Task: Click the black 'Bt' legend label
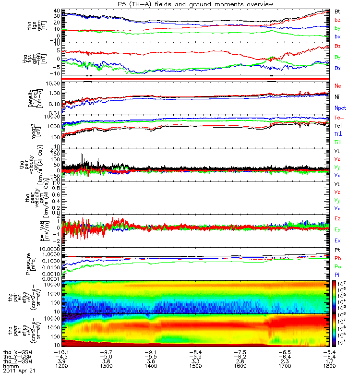point(337,11)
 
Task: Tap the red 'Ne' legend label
point(338,85)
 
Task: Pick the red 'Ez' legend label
point(337,218)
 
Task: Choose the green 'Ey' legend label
point(338,229)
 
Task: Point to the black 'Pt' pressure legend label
point(337,251)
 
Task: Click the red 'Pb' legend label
point(337,259)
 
